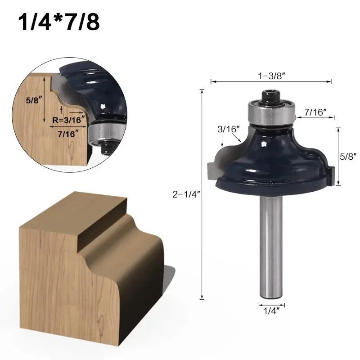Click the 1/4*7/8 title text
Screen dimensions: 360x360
click(x=59, y=22)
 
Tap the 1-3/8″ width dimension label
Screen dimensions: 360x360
click(x=271, y=76)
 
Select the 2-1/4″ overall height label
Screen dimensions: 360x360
click(x=186, y=194)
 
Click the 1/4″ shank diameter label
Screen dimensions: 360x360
click(x=271, y=311)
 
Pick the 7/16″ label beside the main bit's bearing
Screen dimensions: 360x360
click(x=315, y=112)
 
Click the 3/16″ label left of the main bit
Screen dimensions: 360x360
click(x=229, y=129)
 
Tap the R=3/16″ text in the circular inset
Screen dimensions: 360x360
click(x=69, y=120)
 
